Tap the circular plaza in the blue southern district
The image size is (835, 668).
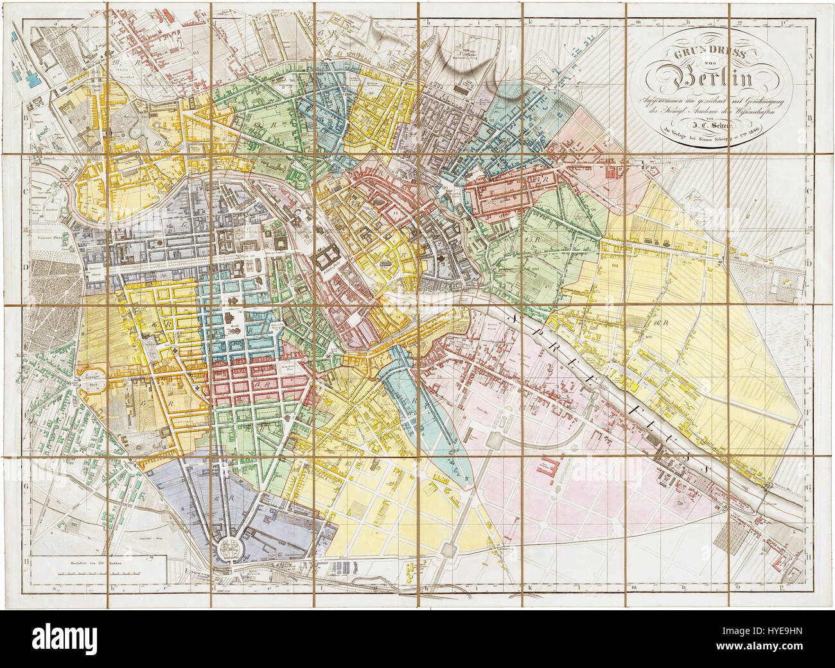pyautogui.click(x=227, y=547)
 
